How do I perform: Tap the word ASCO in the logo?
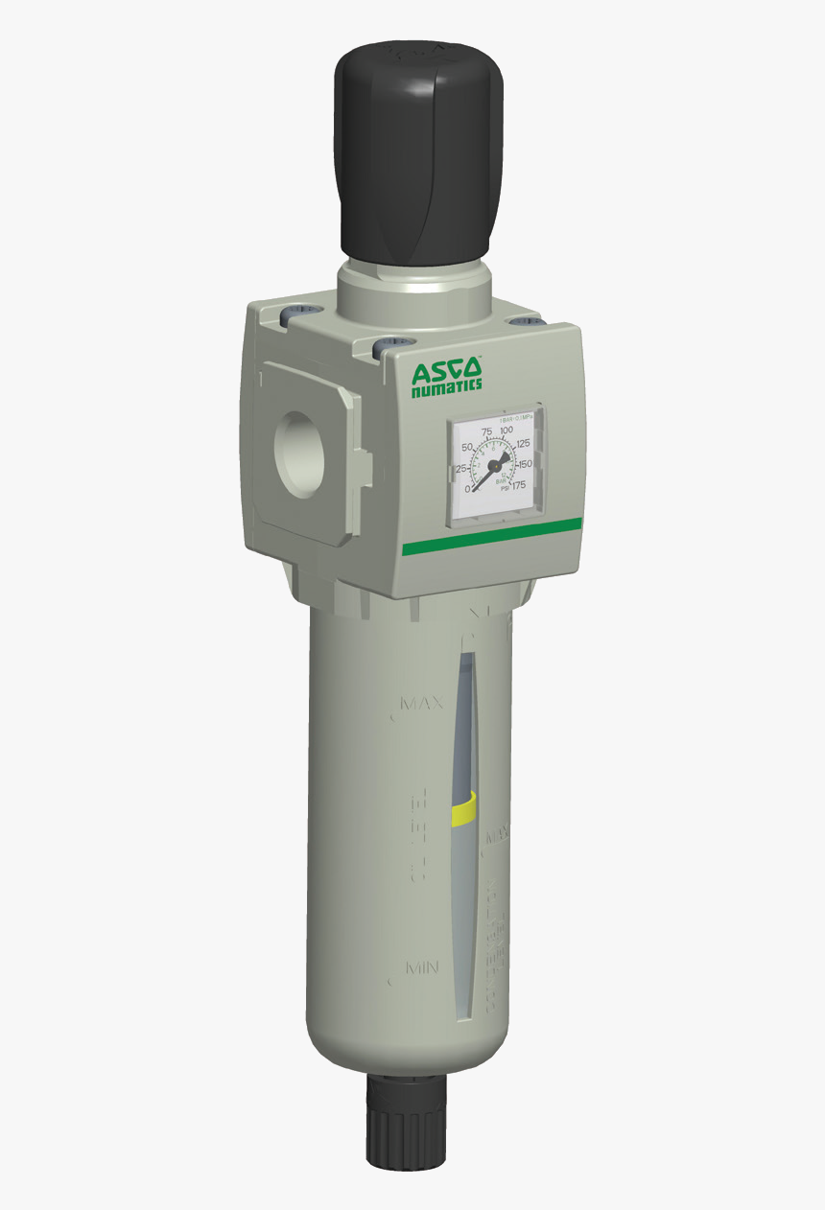click(x=446, y=370)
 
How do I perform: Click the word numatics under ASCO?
click(x=446, y=386)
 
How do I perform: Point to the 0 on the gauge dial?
click(x=468, y=489)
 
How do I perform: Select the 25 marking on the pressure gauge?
click(x=461, y=468)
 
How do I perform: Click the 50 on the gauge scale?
click(x=468, y=448)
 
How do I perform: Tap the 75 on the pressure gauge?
click(x=486, y=432)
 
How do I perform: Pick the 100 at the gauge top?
click(x=507, y=430)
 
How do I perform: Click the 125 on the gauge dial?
click(x=523, y=445)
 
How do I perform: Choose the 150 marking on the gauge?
click(x=525, y=464)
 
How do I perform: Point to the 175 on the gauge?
click(x=519, y=485)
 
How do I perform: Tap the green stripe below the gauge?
click(x=491, y=536)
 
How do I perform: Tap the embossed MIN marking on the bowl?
click(x=422, y=968)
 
